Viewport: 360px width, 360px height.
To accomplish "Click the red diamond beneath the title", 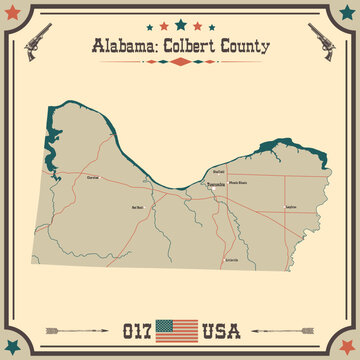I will coord(180,61).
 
